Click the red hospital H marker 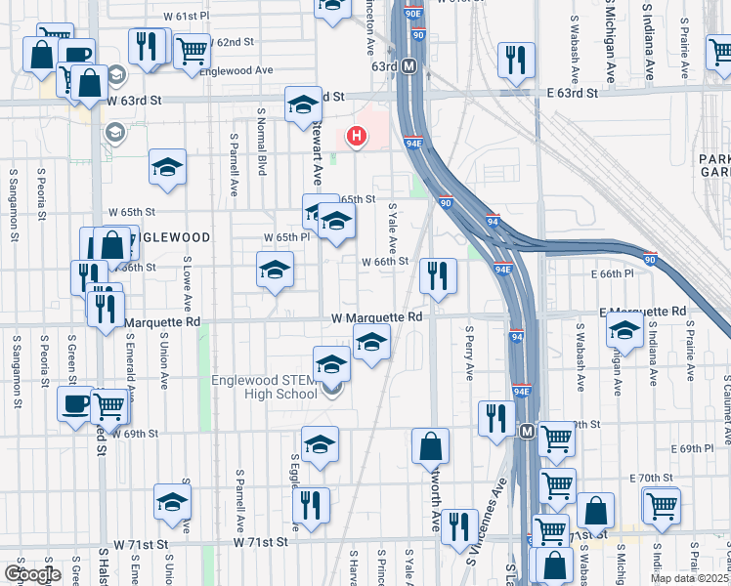pos(358,137)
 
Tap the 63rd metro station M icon pos(409,66)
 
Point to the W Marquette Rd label pos(376,317)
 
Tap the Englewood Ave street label pos(236,71)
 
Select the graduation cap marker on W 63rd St pos(303,104)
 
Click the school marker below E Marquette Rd pos(624,331)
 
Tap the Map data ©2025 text pos(690,577)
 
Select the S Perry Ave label pos(469,354)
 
